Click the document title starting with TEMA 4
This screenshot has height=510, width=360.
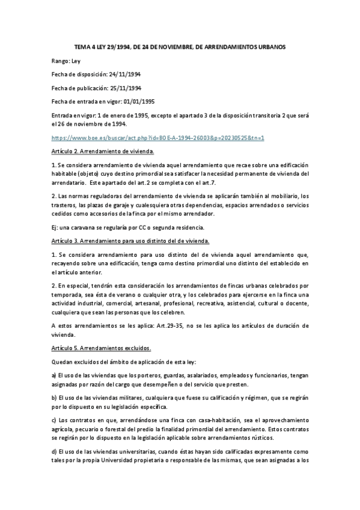tap(180, 46)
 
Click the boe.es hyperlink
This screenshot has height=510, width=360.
tap(159, 138)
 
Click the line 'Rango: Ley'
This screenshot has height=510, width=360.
tap(70, 61)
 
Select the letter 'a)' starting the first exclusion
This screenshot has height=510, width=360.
tap(55, 376)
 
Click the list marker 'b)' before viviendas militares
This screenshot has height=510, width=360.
tap(55, 399)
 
